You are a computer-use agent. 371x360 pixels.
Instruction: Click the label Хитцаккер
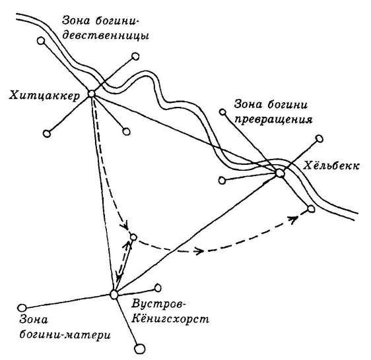pyautogui.click(x=44, y=96)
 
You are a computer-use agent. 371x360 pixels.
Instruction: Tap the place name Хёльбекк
pyautogui.click(x=331, y=165)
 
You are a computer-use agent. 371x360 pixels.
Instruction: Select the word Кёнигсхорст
pyautogui.click(x=170, y=319)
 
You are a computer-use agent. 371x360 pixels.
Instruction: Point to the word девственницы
pyautogui.click(x=106, y=36)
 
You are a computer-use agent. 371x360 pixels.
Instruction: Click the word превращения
pyautogui.click(x=273, y=120)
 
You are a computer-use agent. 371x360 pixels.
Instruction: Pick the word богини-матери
pyautogui.click(x=65, y=335)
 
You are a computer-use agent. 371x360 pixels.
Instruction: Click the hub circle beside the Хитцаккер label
pyautogui.click(x=92, y=94)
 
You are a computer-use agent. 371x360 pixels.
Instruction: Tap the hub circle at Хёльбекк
pyautogui.click(x=280, y=173)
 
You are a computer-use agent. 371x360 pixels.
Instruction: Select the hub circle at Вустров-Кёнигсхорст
pyautogui.click(x=114, y=295)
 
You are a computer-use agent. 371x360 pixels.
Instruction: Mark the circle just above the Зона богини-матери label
pyautogui.click(x=22, y=308)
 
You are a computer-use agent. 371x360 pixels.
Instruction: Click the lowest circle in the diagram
pyautogui.click(x=140, y=349)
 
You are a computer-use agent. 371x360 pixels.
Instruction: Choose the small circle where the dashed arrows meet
pyautogui.click(x=133, y=237)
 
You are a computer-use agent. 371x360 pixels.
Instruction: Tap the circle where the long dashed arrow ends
pyautogui.click(x=311, y=209)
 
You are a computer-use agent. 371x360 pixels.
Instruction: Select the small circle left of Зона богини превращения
pyautogui.click(x=222, y=112)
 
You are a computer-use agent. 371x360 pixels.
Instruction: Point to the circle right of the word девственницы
pyautogui.click(x=135, y=56)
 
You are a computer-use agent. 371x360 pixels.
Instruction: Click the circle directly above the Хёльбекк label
pyautogui.click(x=320, y=138)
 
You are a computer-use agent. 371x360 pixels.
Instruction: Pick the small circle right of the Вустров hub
pyautogui.click(x=158, y=288)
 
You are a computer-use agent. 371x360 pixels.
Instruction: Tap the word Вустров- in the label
pyautogui.click(x=157, y=304)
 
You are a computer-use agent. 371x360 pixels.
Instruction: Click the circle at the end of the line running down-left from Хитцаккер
pyautogui.click(x=47, y=134)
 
